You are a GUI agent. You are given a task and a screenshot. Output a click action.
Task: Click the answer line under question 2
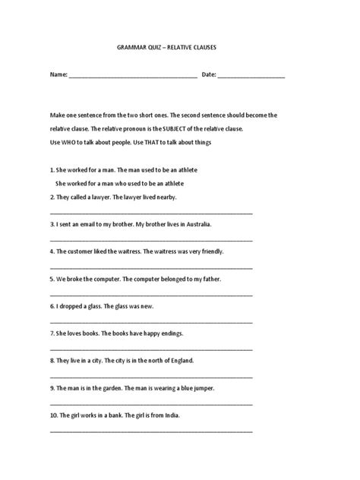pyautogui.click(x=151, y=213)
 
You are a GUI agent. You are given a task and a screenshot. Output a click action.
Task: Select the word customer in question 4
pyautogui.click(x=84, y=250)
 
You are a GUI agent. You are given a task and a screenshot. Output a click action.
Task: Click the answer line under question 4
pyautogui.click(x=151, y=267)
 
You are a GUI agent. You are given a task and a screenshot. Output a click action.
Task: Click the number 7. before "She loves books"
pyautogui.click(x=52, y=333)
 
